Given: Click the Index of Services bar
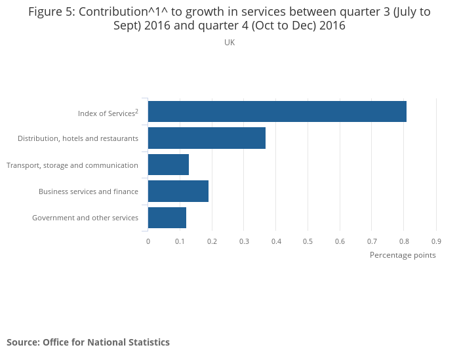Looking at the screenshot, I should (x=277, y=111).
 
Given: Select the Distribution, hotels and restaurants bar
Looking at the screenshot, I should (x=207, y=138).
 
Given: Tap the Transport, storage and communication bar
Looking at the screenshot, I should (x=169, y=165).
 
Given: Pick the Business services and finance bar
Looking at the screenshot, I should (x=178, y=191).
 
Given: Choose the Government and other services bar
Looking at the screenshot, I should (x=167, y=217).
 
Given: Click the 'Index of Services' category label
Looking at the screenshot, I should (x=108, y=113).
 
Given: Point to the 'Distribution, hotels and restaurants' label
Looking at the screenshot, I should (x=78, y=138).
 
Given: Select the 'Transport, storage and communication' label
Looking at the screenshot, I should (x=72, y=165).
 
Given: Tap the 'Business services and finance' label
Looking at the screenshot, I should (x=89, y=191).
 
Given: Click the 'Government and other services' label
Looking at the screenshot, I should (x=85, y=218).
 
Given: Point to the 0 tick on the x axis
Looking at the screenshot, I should (x=148, y=241).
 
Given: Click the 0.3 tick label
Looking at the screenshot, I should (x=244, y=241).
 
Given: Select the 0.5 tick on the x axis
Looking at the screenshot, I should (x=308, y=241).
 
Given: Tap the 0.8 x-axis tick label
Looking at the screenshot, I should (x=404, y=241).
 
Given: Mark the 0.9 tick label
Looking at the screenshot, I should (x=436, y=241).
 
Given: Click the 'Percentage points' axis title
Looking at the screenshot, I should (x=403, y=255).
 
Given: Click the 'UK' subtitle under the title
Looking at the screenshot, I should (x=229, y=43).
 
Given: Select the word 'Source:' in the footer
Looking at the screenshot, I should (x=23, y=342).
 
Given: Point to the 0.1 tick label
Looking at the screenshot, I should (x=180, y=241).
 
